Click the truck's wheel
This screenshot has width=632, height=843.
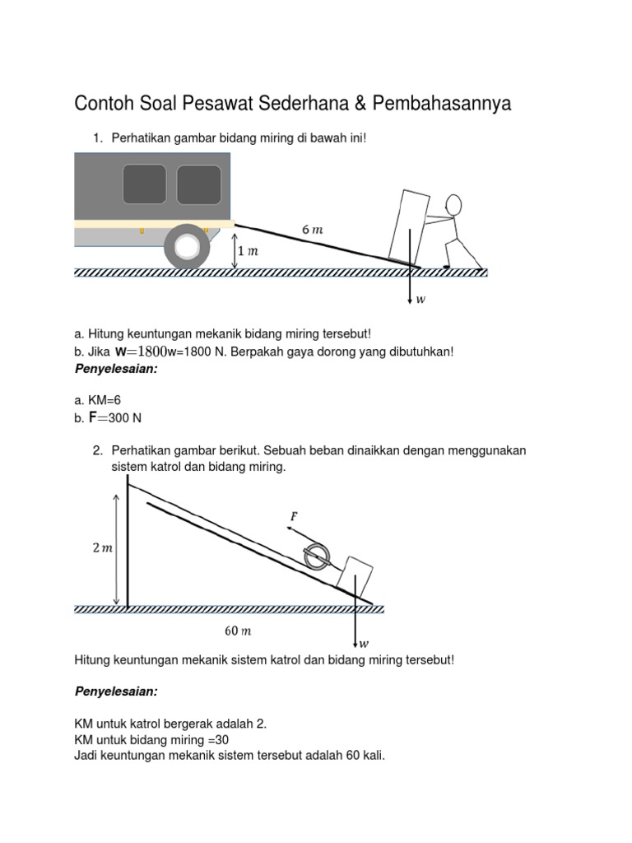click(187, 247)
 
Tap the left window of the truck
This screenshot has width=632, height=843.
click(144, 184)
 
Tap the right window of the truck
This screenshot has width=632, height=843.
click(198, 184)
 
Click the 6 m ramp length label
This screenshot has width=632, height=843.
click(312, 231)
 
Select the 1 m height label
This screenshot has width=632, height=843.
click(247, 251)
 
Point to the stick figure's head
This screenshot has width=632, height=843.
click(455, 205)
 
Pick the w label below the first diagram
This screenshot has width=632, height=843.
click(421, 300)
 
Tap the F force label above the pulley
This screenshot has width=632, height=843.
click(293, 516)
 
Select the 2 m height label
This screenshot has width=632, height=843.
click(102, 548)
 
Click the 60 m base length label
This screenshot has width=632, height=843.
click(237, 631)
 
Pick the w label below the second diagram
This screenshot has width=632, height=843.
click(364, 644)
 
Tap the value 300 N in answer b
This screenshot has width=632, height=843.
click(125, 418)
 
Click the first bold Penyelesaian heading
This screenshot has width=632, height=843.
click(115, 370)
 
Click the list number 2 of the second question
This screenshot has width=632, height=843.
click(97, 450)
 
